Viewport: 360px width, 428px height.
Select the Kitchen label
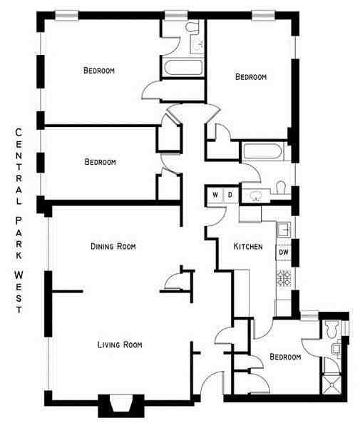[x=249, y=247]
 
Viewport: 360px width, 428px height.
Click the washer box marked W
[x=215, y=195]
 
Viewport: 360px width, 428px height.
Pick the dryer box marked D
[x=230, y=195]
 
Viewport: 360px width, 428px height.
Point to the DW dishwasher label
[x=283, y=252]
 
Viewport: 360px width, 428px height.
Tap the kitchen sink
[x=283, y=229]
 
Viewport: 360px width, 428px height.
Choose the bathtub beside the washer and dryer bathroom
[x=263, y=153]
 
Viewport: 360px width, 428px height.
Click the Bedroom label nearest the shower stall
[x=284, y=357]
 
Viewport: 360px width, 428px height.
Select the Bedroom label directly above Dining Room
[x=100, y=162]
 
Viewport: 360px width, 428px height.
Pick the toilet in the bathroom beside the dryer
[x=280, y=188]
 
